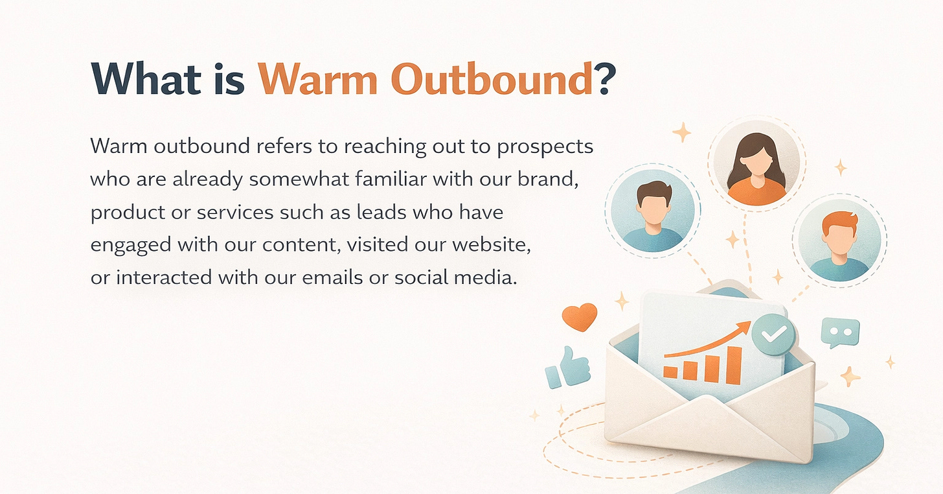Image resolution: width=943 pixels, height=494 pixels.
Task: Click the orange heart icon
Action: pos(579,317)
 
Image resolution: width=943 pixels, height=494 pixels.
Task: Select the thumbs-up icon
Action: pos(561,368)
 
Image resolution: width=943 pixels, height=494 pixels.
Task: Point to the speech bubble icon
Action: pos(839,333)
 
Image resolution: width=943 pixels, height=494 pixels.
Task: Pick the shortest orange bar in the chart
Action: pos(671,372)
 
